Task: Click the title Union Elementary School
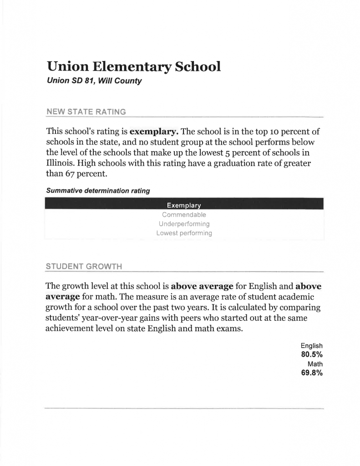(x=133, y=67)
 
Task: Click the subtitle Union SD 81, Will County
(x=94, y=81)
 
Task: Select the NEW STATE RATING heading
(x=86, y=111)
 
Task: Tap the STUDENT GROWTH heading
(x=83, y=266)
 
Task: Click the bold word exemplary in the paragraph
(x=153, y=132)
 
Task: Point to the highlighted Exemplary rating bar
(x=184, y=204)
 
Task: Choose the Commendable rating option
(x=184, y=214)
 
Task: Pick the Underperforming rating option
(x=184, y=224)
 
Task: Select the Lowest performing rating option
(x=184, y=233)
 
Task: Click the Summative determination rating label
(x=98, y=191)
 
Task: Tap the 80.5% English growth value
(x=311, y=355)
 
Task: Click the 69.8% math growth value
(x=311, y=373)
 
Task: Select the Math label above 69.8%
(x=315, y=364)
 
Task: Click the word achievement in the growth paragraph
(x=68, y=329)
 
